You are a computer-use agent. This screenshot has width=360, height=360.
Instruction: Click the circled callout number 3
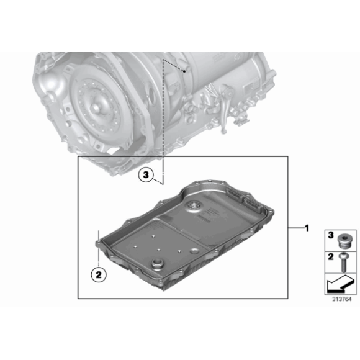point(145,176)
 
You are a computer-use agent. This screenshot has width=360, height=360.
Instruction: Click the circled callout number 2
point(98,271)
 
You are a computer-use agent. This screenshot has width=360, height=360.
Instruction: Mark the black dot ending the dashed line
point(185,71)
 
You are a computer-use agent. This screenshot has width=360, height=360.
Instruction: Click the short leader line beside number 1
point(294,228)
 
